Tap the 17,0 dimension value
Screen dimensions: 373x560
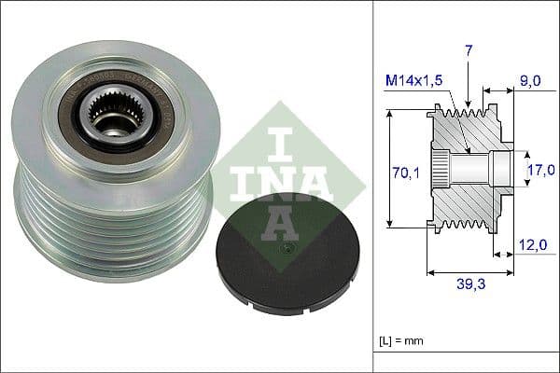tap(541, 169)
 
